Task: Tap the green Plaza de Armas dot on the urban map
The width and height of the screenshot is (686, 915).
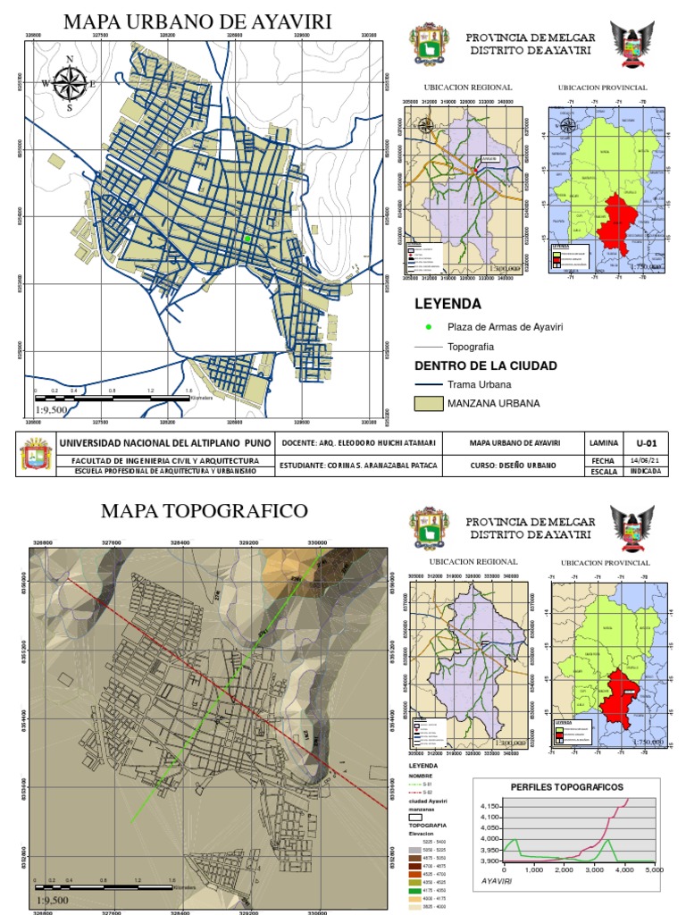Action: [247, 239]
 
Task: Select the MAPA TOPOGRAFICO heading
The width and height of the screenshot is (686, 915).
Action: [204, 511]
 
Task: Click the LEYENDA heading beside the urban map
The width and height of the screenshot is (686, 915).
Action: [448, 304]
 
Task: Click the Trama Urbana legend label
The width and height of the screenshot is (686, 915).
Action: [480, 384]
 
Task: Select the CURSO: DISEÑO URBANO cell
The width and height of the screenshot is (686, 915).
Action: [514, 466]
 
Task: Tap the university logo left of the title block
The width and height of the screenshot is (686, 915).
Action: [36, 455]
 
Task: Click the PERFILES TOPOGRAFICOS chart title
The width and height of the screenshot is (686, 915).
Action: [566, 787]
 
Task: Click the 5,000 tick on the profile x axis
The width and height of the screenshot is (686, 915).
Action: [654, 869]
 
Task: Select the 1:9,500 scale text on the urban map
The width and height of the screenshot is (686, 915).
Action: [50, 409]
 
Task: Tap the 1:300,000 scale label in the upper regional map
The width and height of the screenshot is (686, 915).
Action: [508, 267]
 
